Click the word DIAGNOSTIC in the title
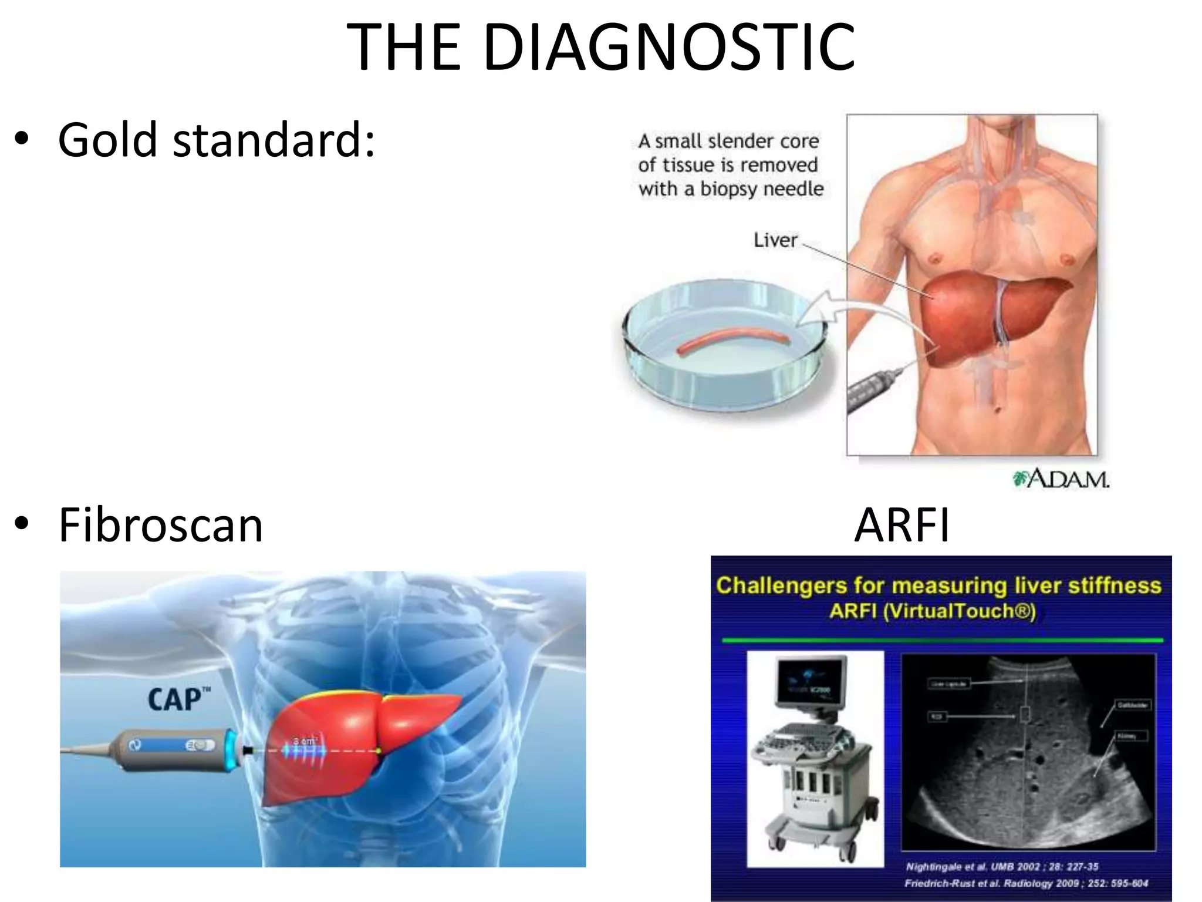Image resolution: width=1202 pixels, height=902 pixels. pos(669,47)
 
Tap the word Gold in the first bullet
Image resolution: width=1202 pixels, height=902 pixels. pos(107,141)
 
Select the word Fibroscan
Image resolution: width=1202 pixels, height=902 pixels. pos(161,525)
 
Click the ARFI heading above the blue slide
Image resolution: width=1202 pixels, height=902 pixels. pos(901,525)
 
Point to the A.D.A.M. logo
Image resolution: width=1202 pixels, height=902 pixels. pos(1061,479)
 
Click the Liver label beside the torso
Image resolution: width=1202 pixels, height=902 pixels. pos(775,240)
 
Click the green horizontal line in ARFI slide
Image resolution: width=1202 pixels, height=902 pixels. pos(941,640)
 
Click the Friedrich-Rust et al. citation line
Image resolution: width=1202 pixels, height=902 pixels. pos(1026,883)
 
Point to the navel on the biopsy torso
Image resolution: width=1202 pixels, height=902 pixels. pos(997,409)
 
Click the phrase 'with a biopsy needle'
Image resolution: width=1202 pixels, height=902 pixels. pos(731,189)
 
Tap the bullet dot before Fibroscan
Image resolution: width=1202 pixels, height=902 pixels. pos(22,523)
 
